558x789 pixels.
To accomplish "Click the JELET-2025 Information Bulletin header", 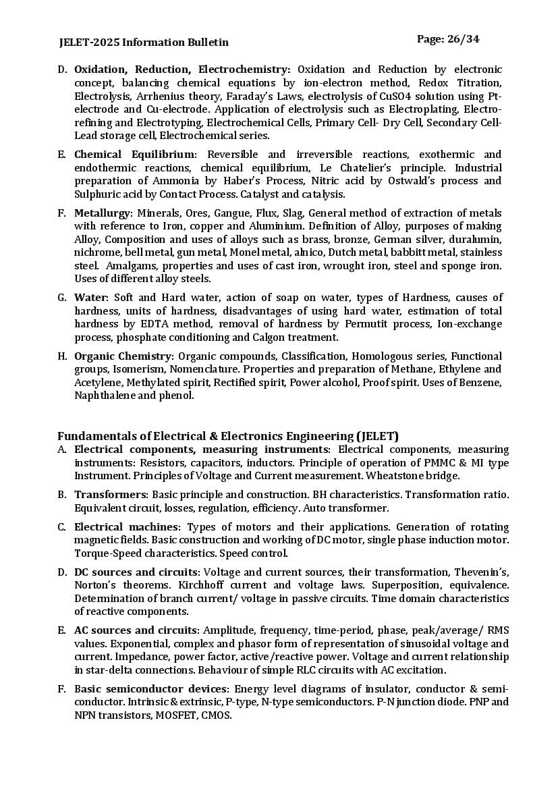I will (144, 43).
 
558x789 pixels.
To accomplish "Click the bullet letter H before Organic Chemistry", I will (61, 356).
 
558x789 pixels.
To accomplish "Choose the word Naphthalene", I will (105, 396).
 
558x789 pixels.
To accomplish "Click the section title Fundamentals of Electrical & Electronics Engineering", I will (227, 436).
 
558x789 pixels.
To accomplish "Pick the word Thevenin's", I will (481, 572).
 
